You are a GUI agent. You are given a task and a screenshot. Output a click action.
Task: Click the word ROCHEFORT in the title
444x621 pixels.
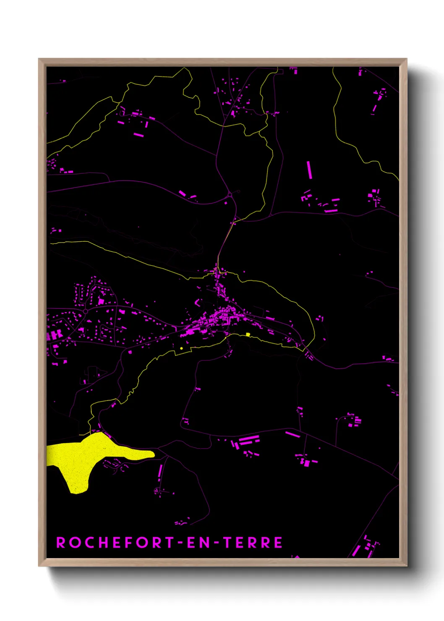[115, 543]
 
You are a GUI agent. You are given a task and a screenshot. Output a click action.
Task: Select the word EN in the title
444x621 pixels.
[197, 543]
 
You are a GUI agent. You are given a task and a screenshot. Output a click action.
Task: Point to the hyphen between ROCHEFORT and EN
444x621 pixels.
[180, 543]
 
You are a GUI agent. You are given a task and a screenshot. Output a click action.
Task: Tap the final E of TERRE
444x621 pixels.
[278, 543]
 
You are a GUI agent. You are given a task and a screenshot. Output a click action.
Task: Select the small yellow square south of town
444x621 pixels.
[248, 334]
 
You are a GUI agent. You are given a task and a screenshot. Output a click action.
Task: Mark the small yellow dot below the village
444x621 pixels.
[181, 348]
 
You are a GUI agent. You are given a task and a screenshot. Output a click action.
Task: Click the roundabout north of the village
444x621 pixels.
[230, 195]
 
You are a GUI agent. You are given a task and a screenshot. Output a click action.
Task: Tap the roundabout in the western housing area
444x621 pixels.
[85, 311]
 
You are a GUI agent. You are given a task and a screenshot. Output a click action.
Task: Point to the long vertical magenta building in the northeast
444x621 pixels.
[309, 170]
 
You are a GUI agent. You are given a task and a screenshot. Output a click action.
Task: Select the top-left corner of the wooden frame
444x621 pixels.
[39, 60]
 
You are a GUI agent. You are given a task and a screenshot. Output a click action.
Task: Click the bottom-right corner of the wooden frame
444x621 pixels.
[406, 565]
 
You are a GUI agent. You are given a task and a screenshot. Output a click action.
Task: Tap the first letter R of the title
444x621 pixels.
[61, 543]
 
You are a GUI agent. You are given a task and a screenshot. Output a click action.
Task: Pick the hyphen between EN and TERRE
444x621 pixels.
[216, 543]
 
